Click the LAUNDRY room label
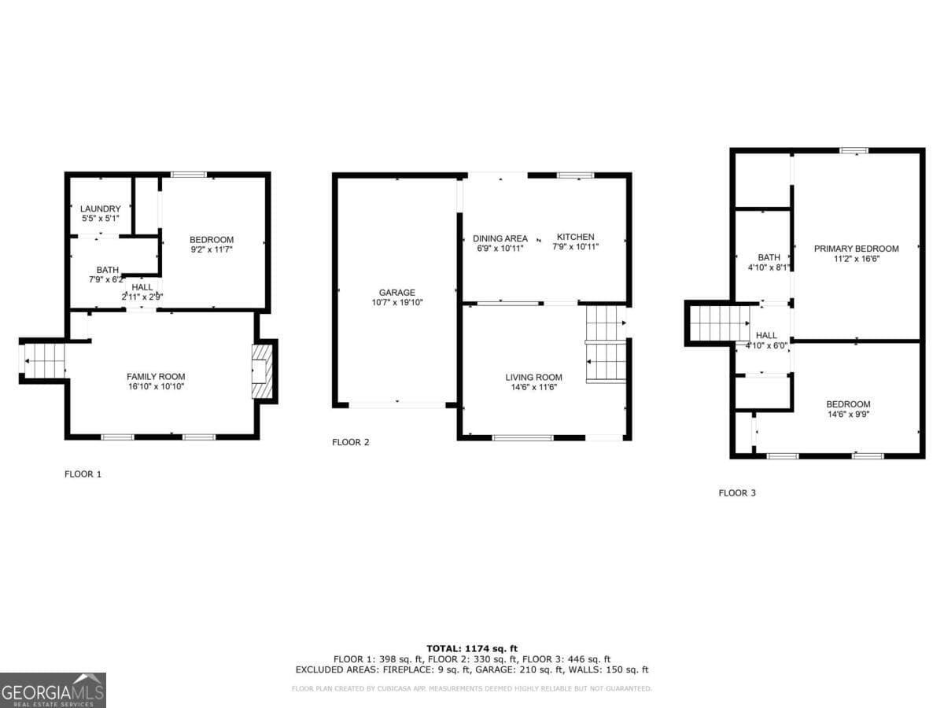click(x=100, y=208)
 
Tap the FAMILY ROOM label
click(x=156, y=377)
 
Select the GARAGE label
click(x=396, y=293)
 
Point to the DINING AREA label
click(x=500, y=238)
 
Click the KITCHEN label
click(x=575, y=237)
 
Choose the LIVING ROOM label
click(x=533, y=378)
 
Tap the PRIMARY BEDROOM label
click(x=856, y=249)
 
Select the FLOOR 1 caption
click(x=83, y=474)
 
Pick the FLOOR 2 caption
click(x=350, y=442)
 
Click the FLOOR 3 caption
click(x=737, y=493)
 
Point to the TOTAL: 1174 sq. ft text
click(x=472, y=647)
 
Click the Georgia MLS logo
click(x=53, y=690)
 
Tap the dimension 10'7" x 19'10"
click(x=396, y=303)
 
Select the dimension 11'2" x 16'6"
click(x=856, y=259)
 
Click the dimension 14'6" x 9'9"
click(x=848, y=415)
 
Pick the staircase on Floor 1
click(x=44, y=361)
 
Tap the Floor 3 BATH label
click(x=769, y=257)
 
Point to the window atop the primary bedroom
click(x=854, y=150)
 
